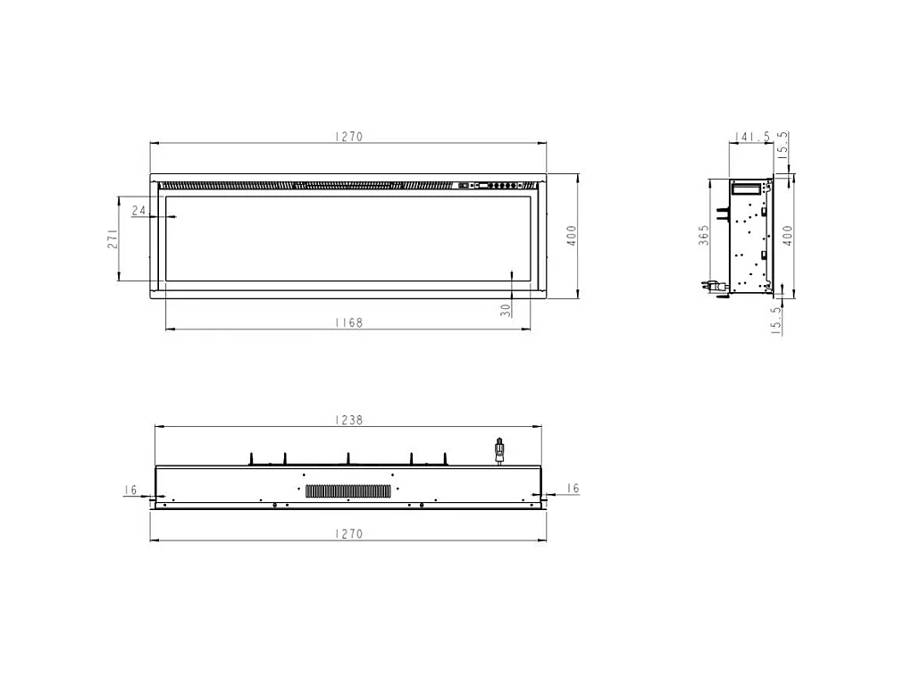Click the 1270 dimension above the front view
pos(348,137)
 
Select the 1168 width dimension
pos(348,322)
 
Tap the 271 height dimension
pos(113,239)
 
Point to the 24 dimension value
pos(138,211)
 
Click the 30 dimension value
pos(506,310)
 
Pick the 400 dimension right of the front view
pos(572,236)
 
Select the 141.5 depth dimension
pos(751,137)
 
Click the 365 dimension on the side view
pos(704,235)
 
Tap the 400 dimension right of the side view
pos(787,236)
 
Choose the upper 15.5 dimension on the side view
pos(783,145)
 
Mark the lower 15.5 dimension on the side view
pos(777,319)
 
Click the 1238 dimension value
pos(348,420)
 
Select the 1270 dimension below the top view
pos(348,534)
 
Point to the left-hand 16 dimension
pos(130,490)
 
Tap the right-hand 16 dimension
pos(573,488)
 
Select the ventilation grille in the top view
pos(348,490)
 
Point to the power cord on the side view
pos(716,286)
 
